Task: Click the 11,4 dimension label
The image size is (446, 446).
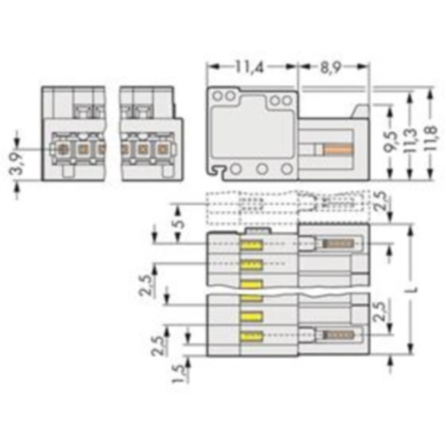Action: point(249,67)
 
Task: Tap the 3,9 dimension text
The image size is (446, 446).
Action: point(18,164)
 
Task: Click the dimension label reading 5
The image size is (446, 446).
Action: point(179,223)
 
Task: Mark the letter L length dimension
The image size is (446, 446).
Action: point(415,289)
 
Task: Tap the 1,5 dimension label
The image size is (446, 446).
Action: point(179,373)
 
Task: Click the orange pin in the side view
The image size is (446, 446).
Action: point(338,149)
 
